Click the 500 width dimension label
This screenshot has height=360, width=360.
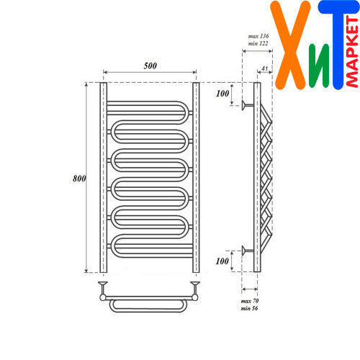click(150, 66)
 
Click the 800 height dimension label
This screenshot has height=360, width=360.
click(79, 179)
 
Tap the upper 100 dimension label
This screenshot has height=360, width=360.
click(222, 94)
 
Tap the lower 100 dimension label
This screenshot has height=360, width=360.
click(222, 261)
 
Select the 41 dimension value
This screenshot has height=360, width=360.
click(264, 68)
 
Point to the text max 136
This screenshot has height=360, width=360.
click(258, 36)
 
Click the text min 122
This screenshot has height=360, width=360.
click(258, 43)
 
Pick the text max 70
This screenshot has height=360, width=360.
click(250, 301)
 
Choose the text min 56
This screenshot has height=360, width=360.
click(249, 308)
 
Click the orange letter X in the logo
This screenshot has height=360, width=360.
click(291, 45)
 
